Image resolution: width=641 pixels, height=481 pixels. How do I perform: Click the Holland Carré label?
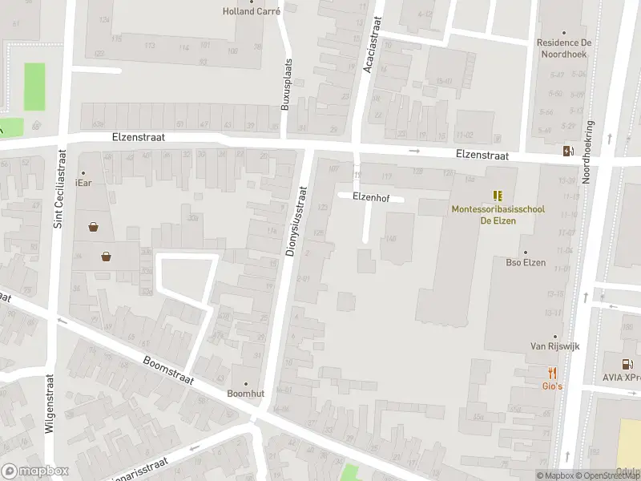coord(251,11)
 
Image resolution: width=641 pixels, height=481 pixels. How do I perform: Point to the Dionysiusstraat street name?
coord(296,222)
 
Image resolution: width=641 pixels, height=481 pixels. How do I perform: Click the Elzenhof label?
coord(370,196)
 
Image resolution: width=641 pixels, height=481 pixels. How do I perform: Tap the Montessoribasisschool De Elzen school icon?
coord(498,195)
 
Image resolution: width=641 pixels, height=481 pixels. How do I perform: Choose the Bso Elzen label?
coord(526,262)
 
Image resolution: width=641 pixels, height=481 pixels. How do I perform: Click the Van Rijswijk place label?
coord(554,346)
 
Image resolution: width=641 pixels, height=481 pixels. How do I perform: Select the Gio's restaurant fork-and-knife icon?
coord(552,373)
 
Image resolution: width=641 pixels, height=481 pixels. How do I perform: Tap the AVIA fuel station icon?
coord(627,364)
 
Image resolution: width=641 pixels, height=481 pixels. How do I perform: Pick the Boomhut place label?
coord(245,394)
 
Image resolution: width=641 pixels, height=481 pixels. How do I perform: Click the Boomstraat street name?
coord(169,370)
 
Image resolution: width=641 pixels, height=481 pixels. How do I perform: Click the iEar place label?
coord(83,183)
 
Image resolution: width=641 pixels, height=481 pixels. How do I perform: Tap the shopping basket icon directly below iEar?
coord(95,227)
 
